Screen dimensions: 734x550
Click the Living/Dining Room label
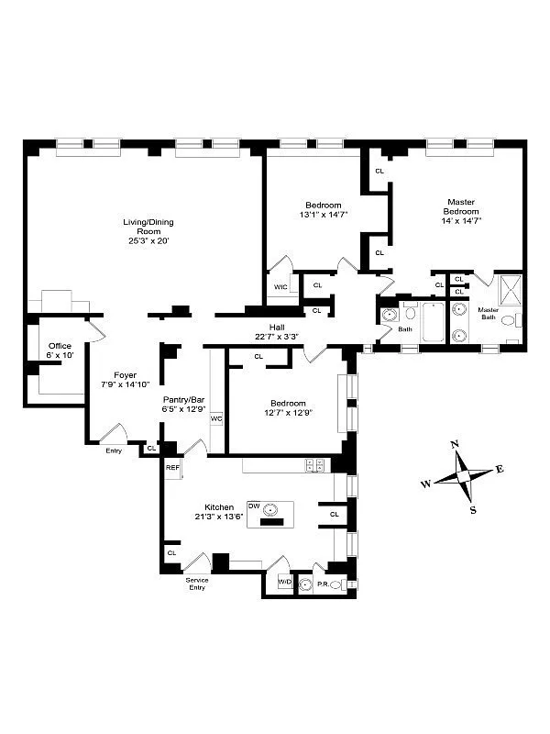[148, 227]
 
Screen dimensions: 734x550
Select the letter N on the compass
[455, 444]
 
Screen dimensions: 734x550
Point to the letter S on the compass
[473, 510]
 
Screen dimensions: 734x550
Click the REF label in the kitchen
[171, 468]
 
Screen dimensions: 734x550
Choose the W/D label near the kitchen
[284, 582]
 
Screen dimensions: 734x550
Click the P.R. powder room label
[323, 583]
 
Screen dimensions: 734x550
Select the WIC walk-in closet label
[280, 286]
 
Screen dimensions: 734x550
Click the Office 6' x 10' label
[59, 351]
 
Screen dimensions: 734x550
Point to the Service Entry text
[197, 584]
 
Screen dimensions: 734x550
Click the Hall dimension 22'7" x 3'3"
[276, 337]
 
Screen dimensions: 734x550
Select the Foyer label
[125, 375]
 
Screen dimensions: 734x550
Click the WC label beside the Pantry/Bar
[216, 418]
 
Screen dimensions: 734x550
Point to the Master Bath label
[488, 314]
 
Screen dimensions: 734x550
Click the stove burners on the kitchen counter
[315, 465]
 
